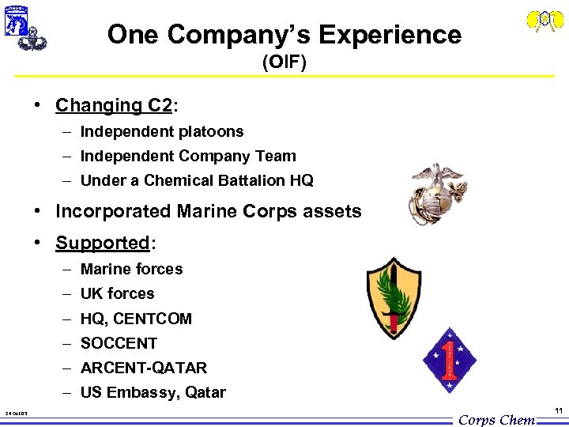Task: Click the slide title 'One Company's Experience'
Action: click(x=284, y=34)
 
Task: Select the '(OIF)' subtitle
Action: click(x=284, y=62)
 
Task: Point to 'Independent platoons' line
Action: click(x=162, y=131)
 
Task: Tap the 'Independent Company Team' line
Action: click(x=188, y=156)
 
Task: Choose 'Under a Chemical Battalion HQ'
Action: click(x=197, y=180)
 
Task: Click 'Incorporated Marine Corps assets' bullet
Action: click(x=208, y=211)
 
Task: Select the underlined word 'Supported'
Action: click(x=102, y=242)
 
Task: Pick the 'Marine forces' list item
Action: click(x=131, y=269)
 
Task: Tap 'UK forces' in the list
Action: click(x=117, y=293)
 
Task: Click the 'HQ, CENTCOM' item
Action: click(x=136, y=319)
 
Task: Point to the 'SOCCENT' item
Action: click(x=119, y=343)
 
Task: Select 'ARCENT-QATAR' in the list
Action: click(x=144, y=368)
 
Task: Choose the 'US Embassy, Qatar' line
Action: click(x=153, y=392)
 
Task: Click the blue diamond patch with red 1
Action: click(x=450, y=360)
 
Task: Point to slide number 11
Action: click(x=559, y=410)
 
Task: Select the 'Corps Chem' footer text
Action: click(x=496, y=420)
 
